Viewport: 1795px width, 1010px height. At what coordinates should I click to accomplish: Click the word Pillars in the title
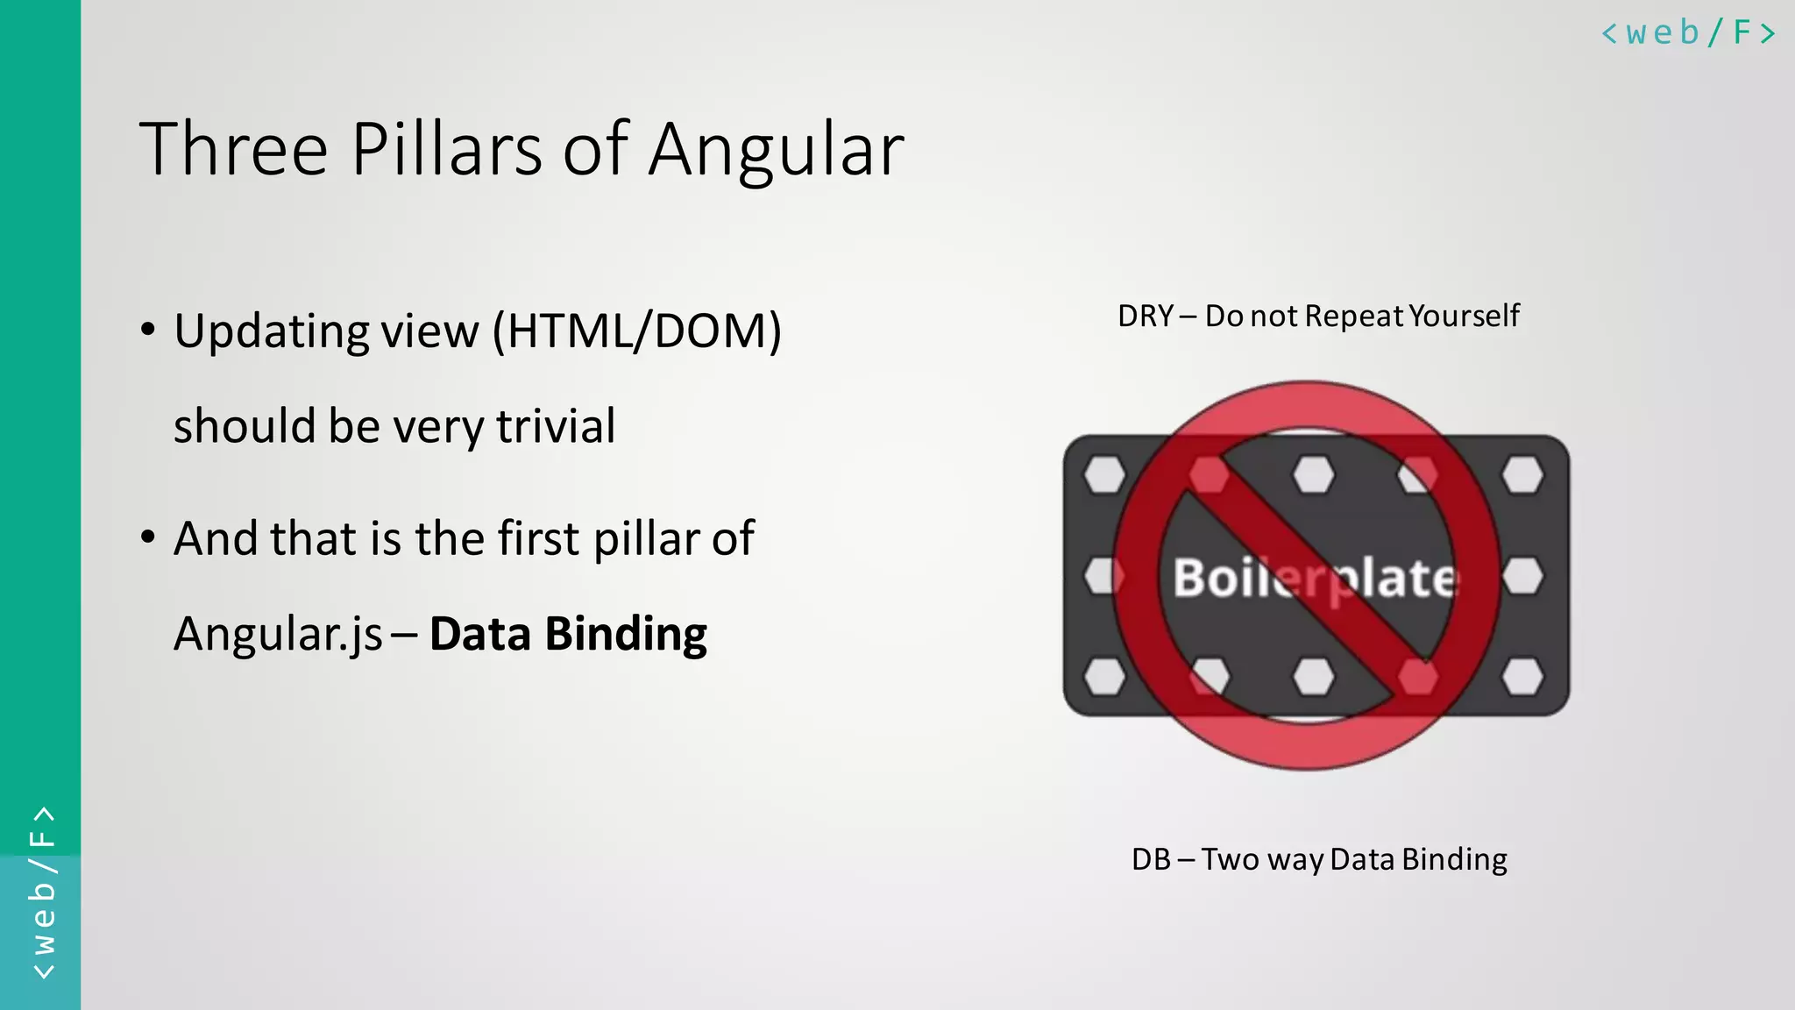[x=447, y=149]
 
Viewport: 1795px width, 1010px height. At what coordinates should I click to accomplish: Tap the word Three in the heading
[x=233, y=149]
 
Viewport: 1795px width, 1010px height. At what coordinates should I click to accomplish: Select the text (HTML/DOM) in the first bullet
[x=636, y=331]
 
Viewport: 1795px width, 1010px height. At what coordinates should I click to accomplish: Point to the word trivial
[x=556, y=426]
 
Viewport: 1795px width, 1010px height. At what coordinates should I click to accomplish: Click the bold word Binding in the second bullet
[x=626, y=634]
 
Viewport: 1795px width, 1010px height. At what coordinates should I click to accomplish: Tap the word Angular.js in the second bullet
[x=278, y=635]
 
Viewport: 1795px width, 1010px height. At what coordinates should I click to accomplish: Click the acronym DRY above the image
[x=1145, y=316]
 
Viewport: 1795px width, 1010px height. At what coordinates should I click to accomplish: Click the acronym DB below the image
[x=1151, y=859]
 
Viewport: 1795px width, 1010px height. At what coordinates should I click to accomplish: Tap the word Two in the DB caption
[x=1230, y=859]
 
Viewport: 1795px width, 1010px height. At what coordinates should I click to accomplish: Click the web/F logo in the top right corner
[x=1688, y=33]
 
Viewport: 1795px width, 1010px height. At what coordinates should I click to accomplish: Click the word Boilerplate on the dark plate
[x=1315, y=579]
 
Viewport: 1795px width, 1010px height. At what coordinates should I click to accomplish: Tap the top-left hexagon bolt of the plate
[x=1104, y=475]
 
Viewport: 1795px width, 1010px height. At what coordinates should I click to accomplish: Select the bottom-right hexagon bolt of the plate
[x=1522, y=677]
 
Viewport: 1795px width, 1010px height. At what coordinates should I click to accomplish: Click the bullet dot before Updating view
[x=148, y=331]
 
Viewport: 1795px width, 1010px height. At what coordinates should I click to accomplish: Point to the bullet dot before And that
[x=148, y=537]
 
